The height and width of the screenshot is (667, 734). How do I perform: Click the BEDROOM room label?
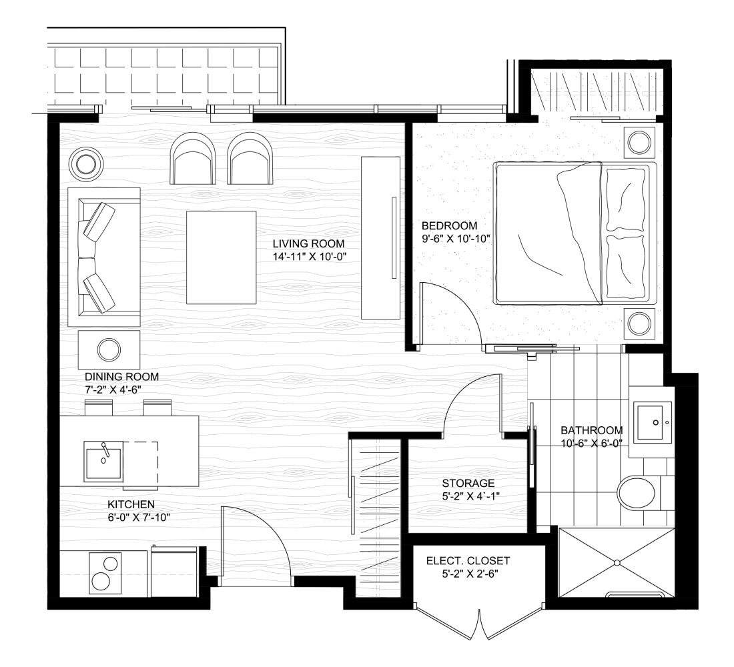click(x=449, y=225)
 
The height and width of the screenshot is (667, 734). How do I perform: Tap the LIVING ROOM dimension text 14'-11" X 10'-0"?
click(x=309, y=257)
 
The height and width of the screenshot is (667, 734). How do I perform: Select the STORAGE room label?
click(x=468, y=483)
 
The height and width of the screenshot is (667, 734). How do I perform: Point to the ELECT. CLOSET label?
click(x=468, y=561)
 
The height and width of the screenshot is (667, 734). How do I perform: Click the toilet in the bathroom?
click(x=639, y=493)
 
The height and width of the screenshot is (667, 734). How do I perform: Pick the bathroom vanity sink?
click(x=653, y=422)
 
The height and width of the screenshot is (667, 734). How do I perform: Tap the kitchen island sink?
click(x=103, y=461)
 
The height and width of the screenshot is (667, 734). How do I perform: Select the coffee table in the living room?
click(x=222, y=257)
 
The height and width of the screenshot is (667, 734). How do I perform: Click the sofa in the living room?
click(x=104, y=257)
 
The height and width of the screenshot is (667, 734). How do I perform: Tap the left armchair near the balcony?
click(x=193, y=157)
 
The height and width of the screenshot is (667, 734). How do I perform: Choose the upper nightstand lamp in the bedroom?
click(x=639, y=142)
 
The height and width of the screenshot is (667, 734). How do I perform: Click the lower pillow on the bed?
click(x=625, y=267)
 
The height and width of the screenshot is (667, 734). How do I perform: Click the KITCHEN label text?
click(x=131, y=504)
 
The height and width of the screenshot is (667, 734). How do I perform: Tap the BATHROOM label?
click(x=592, y=430)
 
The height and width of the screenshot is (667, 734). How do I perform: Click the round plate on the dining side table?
click(x=109, y=350)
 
